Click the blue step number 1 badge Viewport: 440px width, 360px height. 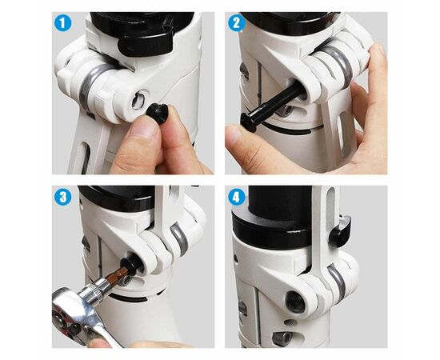(62, 22)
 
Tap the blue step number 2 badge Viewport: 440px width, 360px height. (237, 22)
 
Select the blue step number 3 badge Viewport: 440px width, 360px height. (63, 197)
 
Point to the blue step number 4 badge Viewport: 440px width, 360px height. (237, 197)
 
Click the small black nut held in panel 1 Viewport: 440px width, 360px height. (158, 113)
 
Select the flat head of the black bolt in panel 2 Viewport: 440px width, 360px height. (248, 122)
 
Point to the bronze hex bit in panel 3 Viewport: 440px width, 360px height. (118, 274)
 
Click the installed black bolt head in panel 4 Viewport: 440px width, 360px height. (295, 302)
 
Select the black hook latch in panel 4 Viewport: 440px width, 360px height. (340, 232)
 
